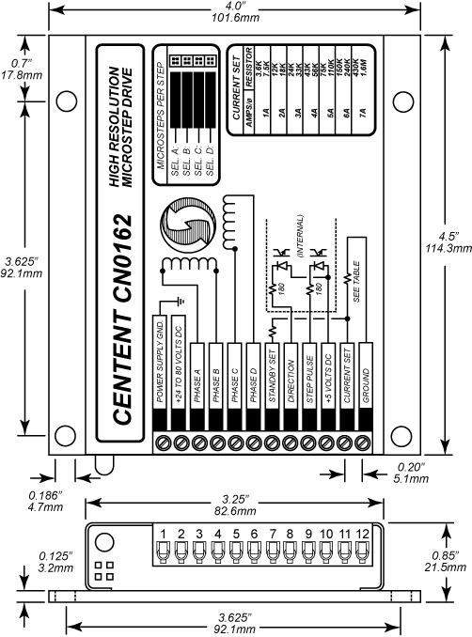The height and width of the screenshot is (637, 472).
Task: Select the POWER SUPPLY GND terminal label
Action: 161,376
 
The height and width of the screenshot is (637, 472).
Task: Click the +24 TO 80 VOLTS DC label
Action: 179,376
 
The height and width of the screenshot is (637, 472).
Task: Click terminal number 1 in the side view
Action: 163,535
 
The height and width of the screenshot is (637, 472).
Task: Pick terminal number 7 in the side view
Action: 273,535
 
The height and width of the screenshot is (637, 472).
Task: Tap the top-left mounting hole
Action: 66,101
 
